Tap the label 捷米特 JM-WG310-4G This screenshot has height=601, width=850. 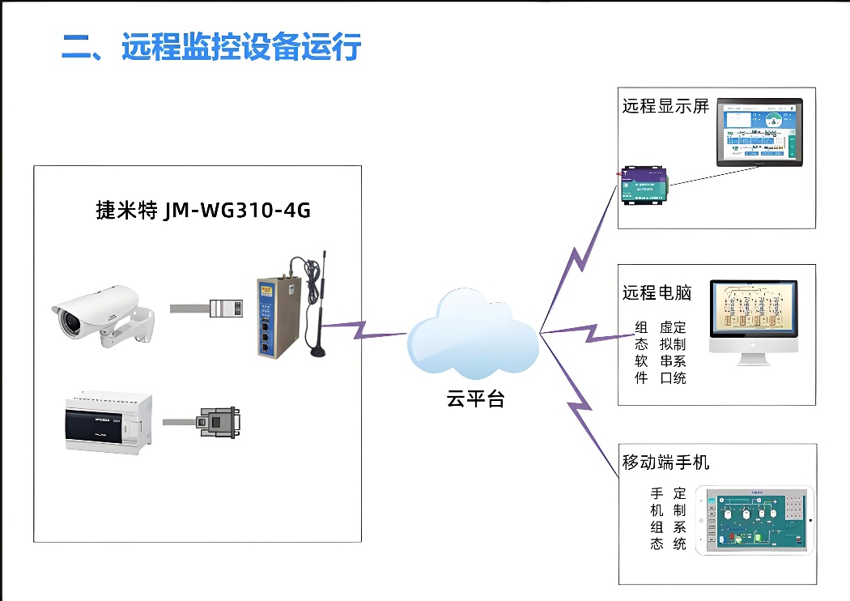tap(203, 211)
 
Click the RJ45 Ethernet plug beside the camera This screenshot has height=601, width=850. tap(227, 309)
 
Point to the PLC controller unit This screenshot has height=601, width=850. tap(108, 422)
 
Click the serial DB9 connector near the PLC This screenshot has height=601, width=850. tap(216, 422)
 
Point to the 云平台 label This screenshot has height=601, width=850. tap(475, 399)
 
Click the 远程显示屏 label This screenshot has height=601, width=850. tap(665, 106)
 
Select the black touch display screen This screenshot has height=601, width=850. tap(759, 133)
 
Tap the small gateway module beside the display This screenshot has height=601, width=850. tap(644, 186)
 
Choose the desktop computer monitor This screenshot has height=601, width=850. tap(753, 321)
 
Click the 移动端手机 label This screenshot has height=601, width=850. tap(665, 462)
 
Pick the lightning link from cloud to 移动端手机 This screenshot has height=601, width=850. tap(579, 405)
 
